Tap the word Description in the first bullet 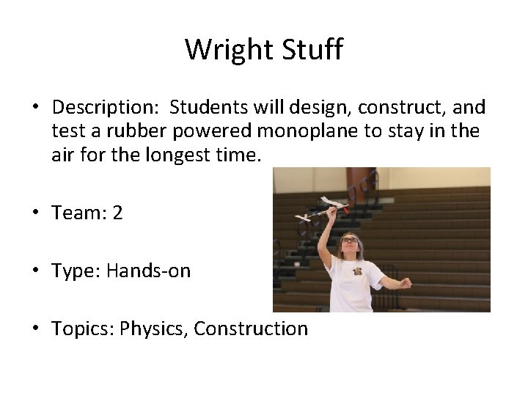coord(106,109)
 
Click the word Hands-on coord(148,271)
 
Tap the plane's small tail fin coord(302,217)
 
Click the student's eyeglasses coord(351,240)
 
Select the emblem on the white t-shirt coord(358,271)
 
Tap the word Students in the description coord(210,109)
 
